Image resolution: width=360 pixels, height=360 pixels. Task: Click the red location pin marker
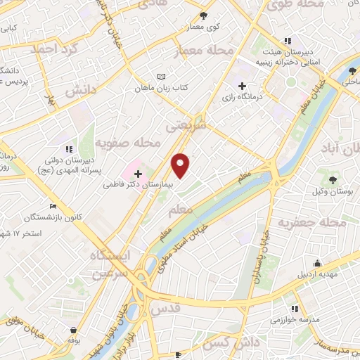(x=181, y=165)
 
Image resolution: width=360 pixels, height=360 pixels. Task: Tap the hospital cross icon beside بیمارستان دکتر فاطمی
(x=137, y=173)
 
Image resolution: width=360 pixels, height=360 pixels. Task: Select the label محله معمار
(x=210, y=51)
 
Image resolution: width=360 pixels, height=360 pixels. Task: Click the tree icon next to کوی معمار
(x=204, y=15)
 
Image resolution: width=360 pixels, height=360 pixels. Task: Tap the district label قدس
(x=186, y=307)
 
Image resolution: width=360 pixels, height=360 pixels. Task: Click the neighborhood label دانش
(x=79, y=91)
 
